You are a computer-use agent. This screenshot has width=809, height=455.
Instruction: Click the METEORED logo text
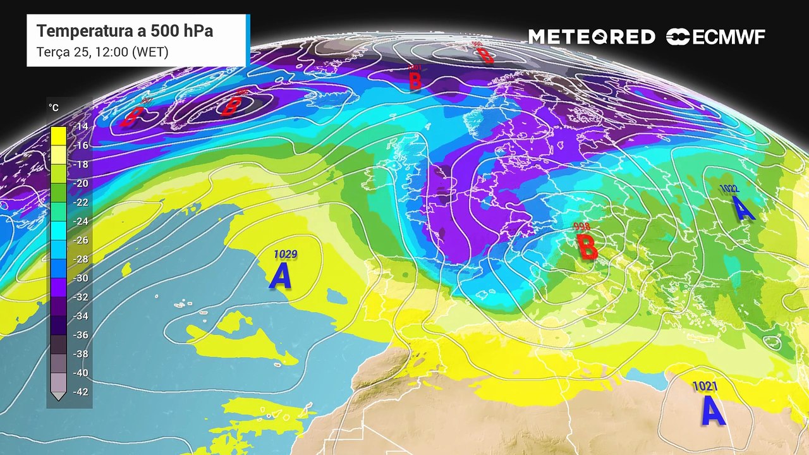coord(592,37)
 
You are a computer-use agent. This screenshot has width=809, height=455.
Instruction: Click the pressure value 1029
coord(285,254)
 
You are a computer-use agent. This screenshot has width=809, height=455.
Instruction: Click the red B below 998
coord(588,247)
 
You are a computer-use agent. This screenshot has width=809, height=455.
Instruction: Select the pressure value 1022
coord(729,188)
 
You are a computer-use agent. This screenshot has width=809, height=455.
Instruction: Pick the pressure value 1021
coord(705,385)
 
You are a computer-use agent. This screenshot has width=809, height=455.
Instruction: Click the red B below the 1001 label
coord(415,81)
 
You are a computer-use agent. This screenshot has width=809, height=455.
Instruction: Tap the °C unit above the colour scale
coord(54,108)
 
